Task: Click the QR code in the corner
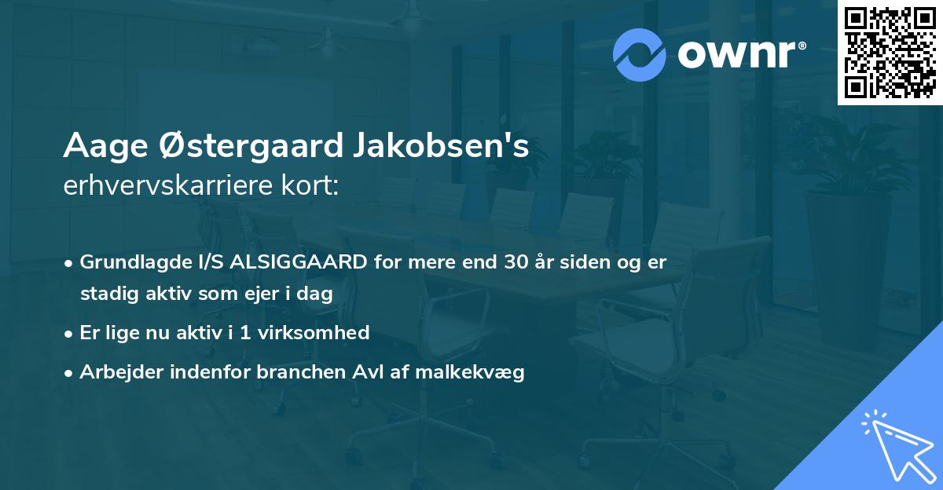pyautogui.click(x=890, y=53)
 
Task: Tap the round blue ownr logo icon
pyautogui.click(x=640, y=54)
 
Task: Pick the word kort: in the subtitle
pyautogui.click(x=313, y=185)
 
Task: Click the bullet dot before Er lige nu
pyautogui.click(x=70, y=333)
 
